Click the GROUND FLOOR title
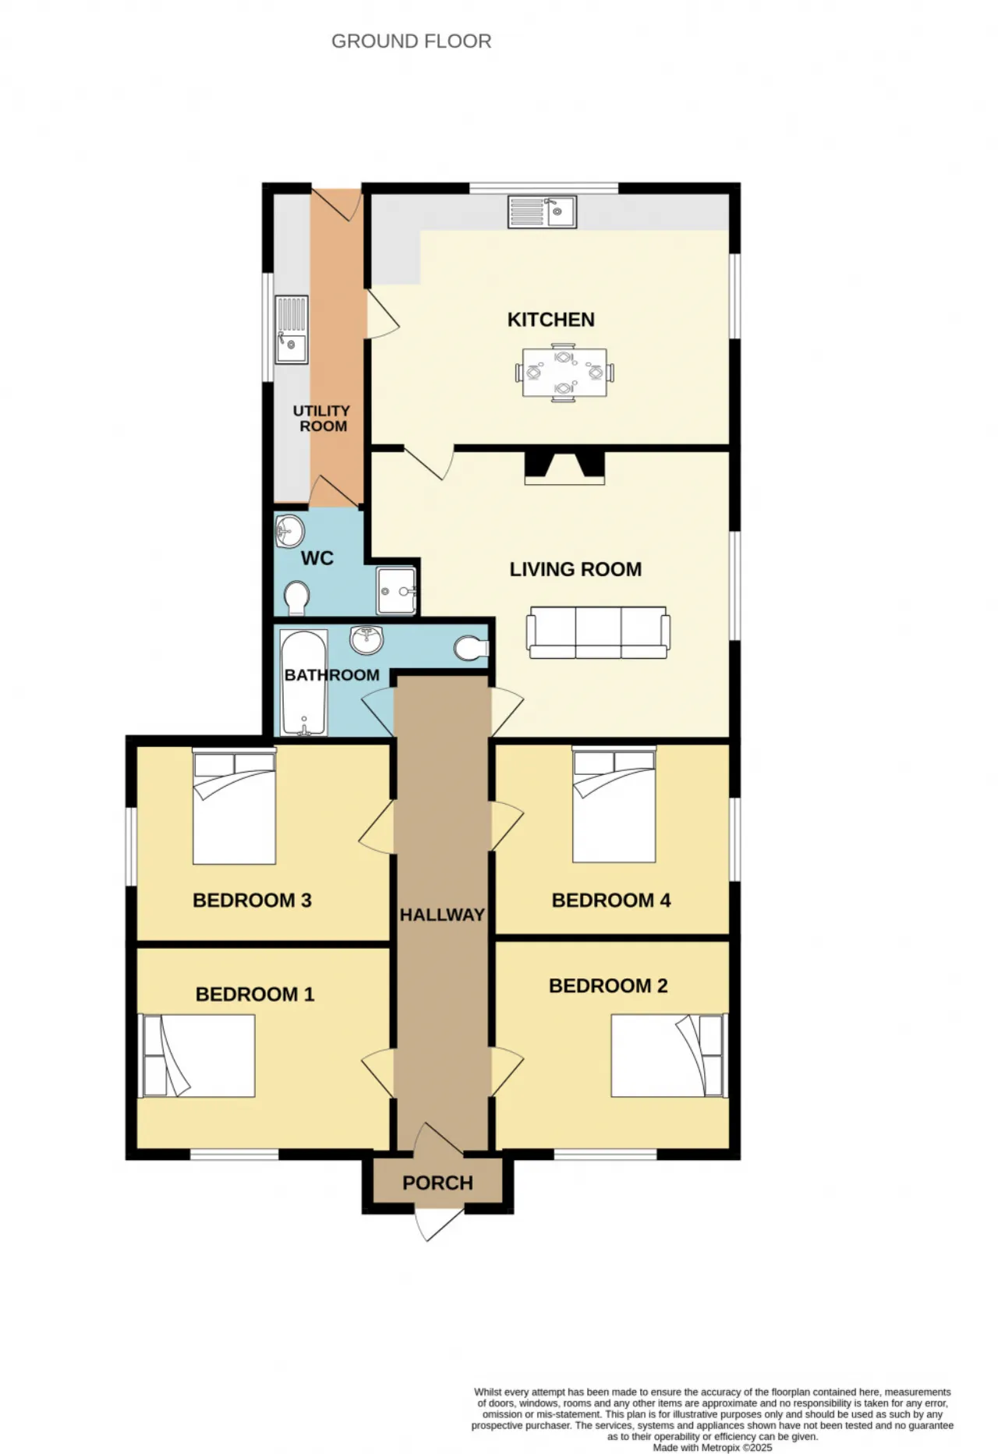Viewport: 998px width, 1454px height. click(412, 41)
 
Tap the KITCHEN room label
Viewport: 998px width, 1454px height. click(551, 320)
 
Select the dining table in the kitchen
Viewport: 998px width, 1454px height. click(564, 373)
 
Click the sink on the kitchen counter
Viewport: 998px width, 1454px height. click(543, 211)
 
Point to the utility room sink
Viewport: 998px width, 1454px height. click(292, 330)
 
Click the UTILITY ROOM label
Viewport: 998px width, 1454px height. click(321, 419)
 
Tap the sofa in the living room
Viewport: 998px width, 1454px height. click(598, 632)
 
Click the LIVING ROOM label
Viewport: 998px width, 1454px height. click(575, 570)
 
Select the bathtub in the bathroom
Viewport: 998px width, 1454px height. click(304, 683)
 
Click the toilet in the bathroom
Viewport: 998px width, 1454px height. click(471, 649)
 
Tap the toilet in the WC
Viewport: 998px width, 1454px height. click(296, 598)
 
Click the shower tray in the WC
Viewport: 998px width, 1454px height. click(396, 591)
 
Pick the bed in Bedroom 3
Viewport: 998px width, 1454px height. click(235, 806)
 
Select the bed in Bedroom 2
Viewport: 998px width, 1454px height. click(669, 1056)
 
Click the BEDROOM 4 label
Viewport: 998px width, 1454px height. click(611, 900)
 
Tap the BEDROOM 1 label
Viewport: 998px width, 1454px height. click(255, 995)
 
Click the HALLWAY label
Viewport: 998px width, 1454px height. click(442, 915)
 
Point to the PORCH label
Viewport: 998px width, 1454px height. click(438, 1183)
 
